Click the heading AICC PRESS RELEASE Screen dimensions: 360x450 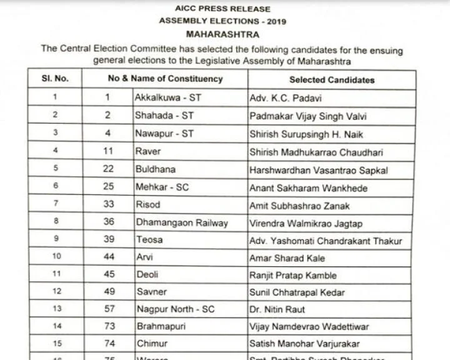click(x=222, y=9)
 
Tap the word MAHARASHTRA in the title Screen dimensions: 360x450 click(x=222, y=35)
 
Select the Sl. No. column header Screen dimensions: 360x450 click(x=55, y=79)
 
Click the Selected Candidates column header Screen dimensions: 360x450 click(x=332, y=80)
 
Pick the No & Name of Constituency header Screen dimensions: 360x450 click(x=165, y=79)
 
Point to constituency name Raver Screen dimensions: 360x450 click(x=148, y=152)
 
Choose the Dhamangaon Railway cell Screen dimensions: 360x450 click(x=182, y=223)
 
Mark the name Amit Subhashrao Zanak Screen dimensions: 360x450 click(x=299, y=206)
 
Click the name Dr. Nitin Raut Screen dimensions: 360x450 click(x=276, y=309)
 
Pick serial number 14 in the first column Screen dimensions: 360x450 click(x=56, y=326)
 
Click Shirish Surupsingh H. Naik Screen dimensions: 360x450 click(x=306, y=134)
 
